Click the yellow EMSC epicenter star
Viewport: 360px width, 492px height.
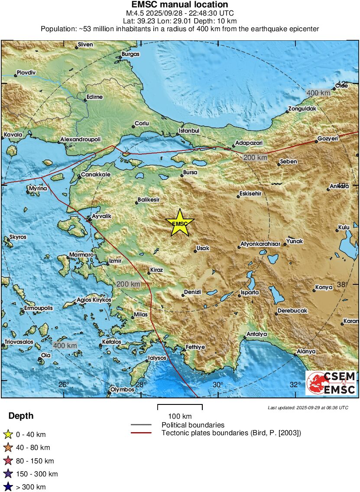pos(180,223)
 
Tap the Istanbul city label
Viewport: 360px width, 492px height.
pos(189,130)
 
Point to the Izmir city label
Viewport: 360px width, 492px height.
pos(115,261)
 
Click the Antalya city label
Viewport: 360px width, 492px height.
pos(256,334)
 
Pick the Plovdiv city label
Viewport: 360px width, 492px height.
pos(26,72)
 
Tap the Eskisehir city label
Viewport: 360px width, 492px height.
pos(251,194)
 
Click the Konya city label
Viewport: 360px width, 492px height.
pos(324,287)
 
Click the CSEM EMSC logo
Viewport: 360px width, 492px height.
pos(331,383)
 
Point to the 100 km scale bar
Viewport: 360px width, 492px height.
pos(180,408)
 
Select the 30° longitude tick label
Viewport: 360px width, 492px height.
pos(218,385)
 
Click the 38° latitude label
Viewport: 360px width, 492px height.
pos(343,285)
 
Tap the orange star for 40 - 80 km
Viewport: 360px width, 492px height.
pos(7,448)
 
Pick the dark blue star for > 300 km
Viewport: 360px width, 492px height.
pos(7,487)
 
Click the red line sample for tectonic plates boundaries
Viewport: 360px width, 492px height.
pos(141,433)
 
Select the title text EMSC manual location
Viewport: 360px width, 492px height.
pos(180,5)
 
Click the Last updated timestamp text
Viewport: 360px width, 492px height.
pos(308,407)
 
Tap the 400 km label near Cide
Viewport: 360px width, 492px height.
pos(318,93)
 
